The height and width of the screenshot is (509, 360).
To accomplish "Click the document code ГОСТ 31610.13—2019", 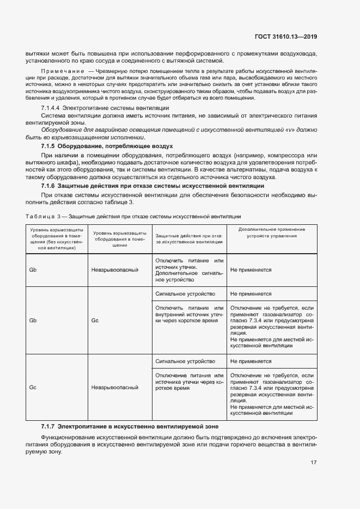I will [285, 37].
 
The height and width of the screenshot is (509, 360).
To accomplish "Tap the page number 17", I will [314, 462].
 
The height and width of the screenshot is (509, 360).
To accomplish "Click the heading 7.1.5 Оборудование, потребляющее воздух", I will [107, 146].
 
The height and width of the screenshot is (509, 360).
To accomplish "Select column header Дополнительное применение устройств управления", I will [272, 232].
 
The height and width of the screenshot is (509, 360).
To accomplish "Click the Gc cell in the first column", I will [33, 387].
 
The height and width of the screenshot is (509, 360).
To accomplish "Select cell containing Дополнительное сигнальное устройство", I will [189, 269].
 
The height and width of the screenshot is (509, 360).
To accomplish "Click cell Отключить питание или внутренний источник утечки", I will [189, 315].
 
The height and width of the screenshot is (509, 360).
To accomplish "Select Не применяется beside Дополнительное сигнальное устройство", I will [251, 269].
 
